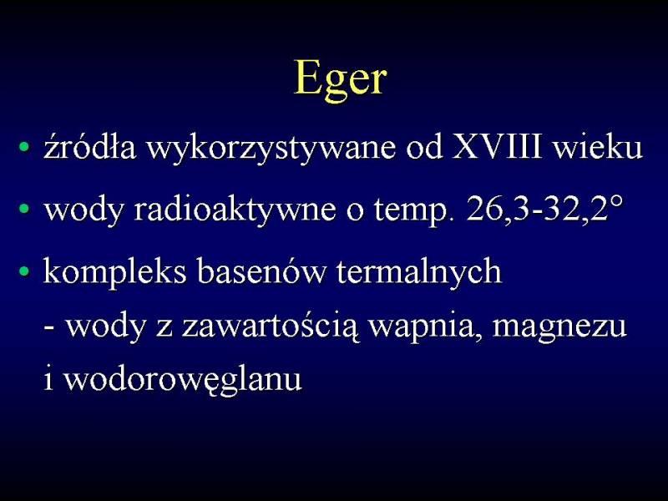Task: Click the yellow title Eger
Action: [341, 80]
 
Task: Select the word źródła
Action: [90, 146]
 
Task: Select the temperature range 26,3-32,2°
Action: [544, 208]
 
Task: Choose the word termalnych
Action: [419, 273]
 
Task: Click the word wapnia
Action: [426, 328]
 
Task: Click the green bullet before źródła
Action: [25, 147]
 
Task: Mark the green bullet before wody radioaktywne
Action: [25, 209]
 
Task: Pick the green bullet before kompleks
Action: [25, 271]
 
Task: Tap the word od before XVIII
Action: [424, 147]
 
